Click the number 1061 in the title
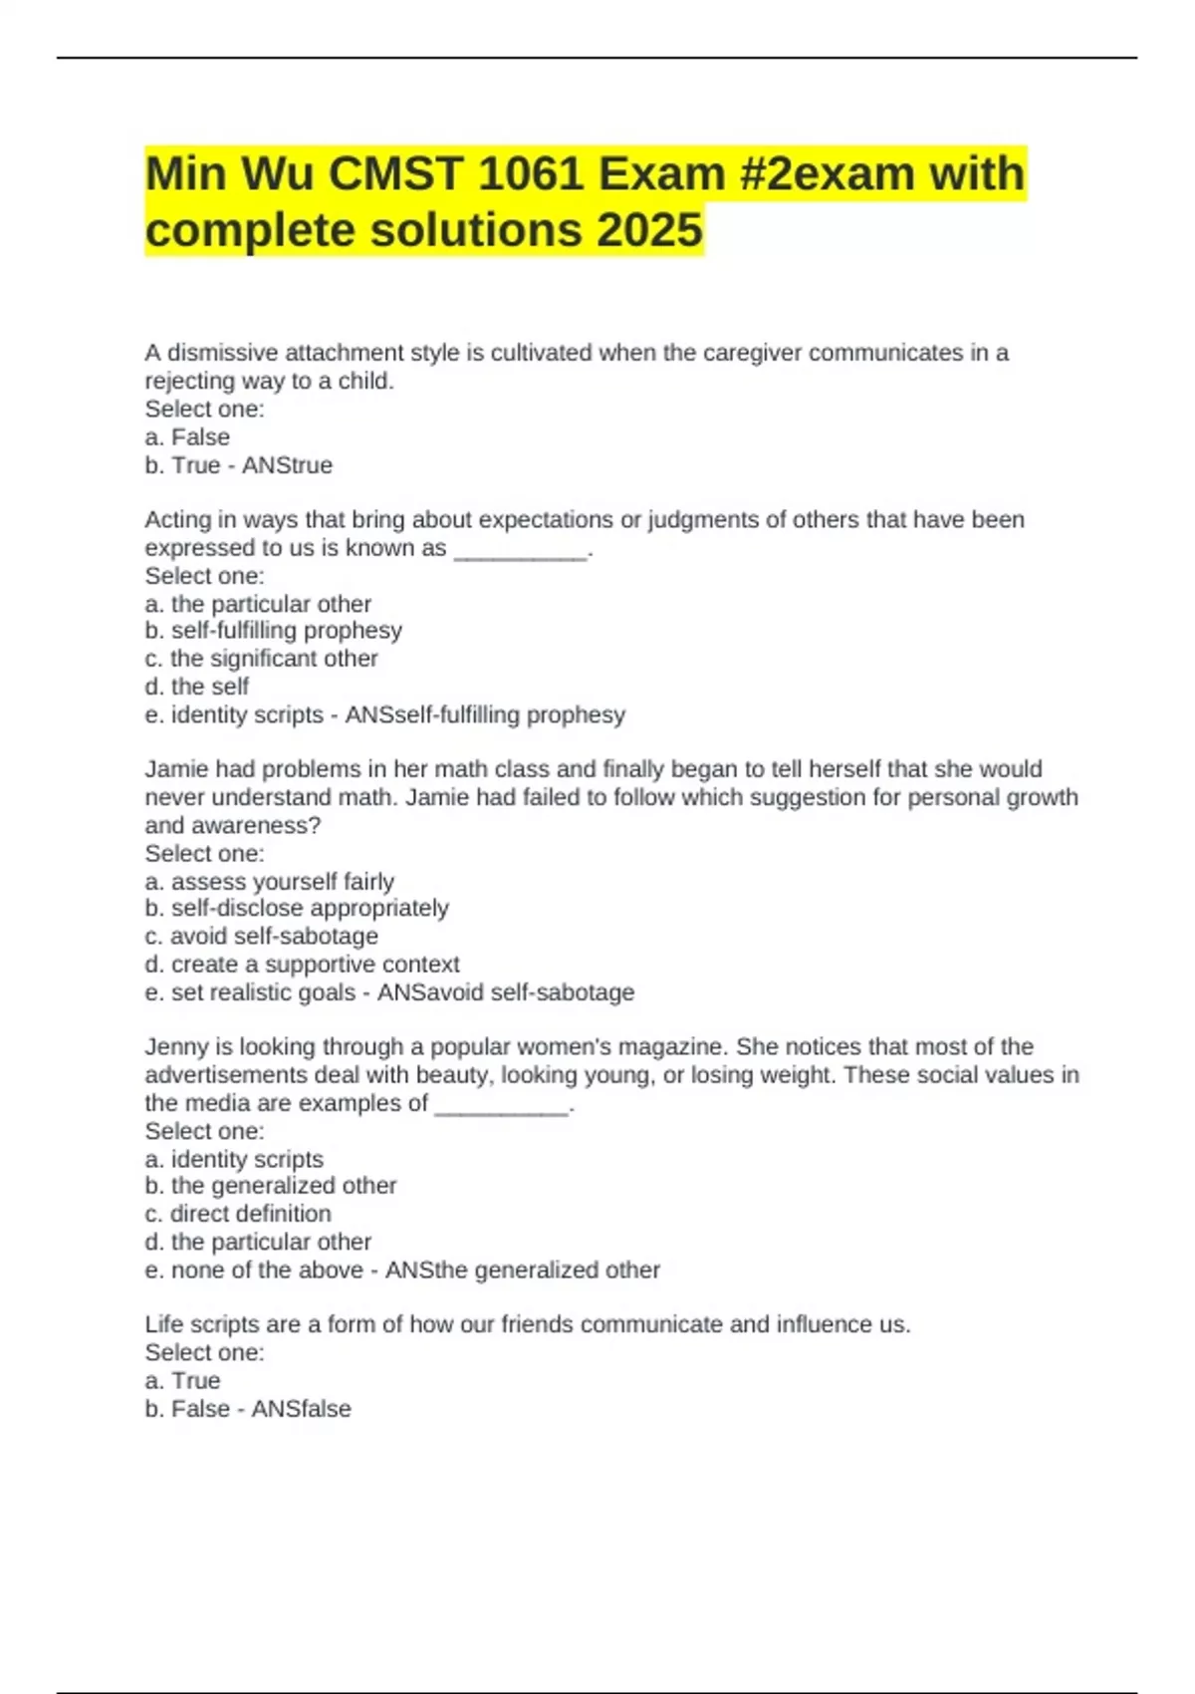click(x=530, y=174)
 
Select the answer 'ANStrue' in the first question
click(x=287, y=465)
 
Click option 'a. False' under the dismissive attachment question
click(x=187, y=437)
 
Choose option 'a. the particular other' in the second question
click(x=258, y=604)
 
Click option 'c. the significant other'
click(x=261, y=659)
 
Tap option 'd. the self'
click(x=197, y=687)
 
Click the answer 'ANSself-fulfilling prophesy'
click(x=485, y=714)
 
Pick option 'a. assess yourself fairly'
click(x=270, y=881)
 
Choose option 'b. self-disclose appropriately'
click(x=297, y=908)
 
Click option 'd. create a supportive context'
click(x=302, y=964)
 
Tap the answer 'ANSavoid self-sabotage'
click(x=506, y=992)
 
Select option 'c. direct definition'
click(x=238, y=1214)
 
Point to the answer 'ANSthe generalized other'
click(x=523, y=1270)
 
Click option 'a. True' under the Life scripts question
click(x=182, y=1380)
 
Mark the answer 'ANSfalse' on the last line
click(x=301, y=1409)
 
